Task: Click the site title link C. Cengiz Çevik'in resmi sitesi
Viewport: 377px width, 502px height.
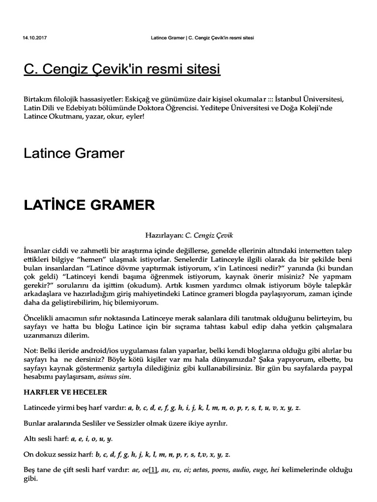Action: (x=122, y=70)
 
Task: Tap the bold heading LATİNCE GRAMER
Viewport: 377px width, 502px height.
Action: (x=89, y=205)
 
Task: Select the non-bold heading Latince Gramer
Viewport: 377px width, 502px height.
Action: (x=74, y=153)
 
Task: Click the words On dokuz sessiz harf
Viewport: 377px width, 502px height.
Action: (x=57, y=454)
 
